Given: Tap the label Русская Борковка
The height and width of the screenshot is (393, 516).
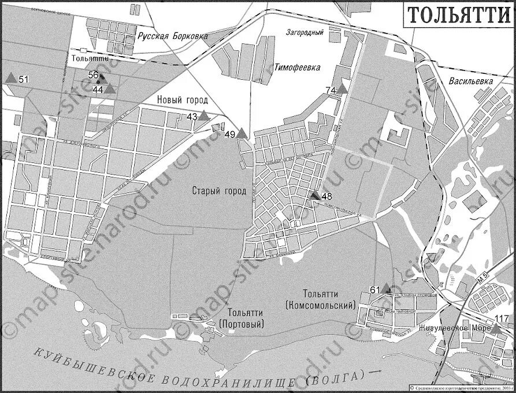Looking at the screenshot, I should coord(172,36).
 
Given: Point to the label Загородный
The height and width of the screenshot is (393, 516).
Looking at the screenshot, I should coord(305,33).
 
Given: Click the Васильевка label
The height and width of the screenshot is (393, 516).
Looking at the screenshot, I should coord(471,81).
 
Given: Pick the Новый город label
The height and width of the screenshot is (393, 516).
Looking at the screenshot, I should coord(182,100).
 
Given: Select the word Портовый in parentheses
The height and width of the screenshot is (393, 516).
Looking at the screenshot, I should coord(242,324).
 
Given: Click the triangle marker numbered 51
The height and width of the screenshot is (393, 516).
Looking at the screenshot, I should coord(10,77).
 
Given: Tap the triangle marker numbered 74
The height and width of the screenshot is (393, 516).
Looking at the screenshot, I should coord(342,89).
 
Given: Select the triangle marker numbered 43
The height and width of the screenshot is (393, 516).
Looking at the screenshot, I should coord(204,116).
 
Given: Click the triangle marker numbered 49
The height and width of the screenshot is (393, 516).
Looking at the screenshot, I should coord(242,134).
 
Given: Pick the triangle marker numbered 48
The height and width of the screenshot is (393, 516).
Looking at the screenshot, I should coord(315,196).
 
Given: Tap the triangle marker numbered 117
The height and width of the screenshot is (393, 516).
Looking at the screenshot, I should coord(495,328).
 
